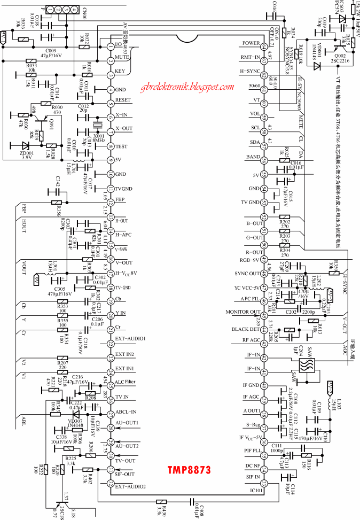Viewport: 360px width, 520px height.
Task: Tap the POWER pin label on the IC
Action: (x=251, y=43)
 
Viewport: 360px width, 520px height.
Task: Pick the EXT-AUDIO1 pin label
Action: (x=130, y=339)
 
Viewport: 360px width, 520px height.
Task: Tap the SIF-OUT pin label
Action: (x=125, y=474)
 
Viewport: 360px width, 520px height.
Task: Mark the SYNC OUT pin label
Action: (x=247, y=273)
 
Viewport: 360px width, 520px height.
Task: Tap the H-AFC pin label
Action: (x=124, y=234)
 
